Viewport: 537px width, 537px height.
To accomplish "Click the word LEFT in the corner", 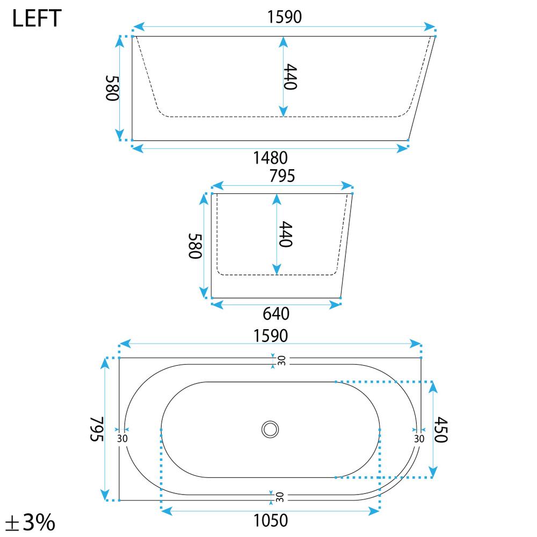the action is coord(37,18).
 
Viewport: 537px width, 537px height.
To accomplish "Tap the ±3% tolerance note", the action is coord(30,522).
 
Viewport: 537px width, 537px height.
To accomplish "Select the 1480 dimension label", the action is coord(270,158).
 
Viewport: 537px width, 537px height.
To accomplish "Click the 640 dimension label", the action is coord(276,314).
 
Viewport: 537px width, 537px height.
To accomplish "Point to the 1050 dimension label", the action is coord(271,520).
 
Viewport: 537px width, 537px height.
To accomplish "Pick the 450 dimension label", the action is coord(441,430).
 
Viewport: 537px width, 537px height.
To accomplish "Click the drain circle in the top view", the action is coord(270,429).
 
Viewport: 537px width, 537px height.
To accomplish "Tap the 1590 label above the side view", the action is coord(284,17).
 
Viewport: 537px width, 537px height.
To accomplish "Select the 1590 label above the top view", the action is coord(271,336).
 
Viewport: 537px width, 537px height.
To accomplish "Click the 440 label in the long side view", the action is coord(290,77).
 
